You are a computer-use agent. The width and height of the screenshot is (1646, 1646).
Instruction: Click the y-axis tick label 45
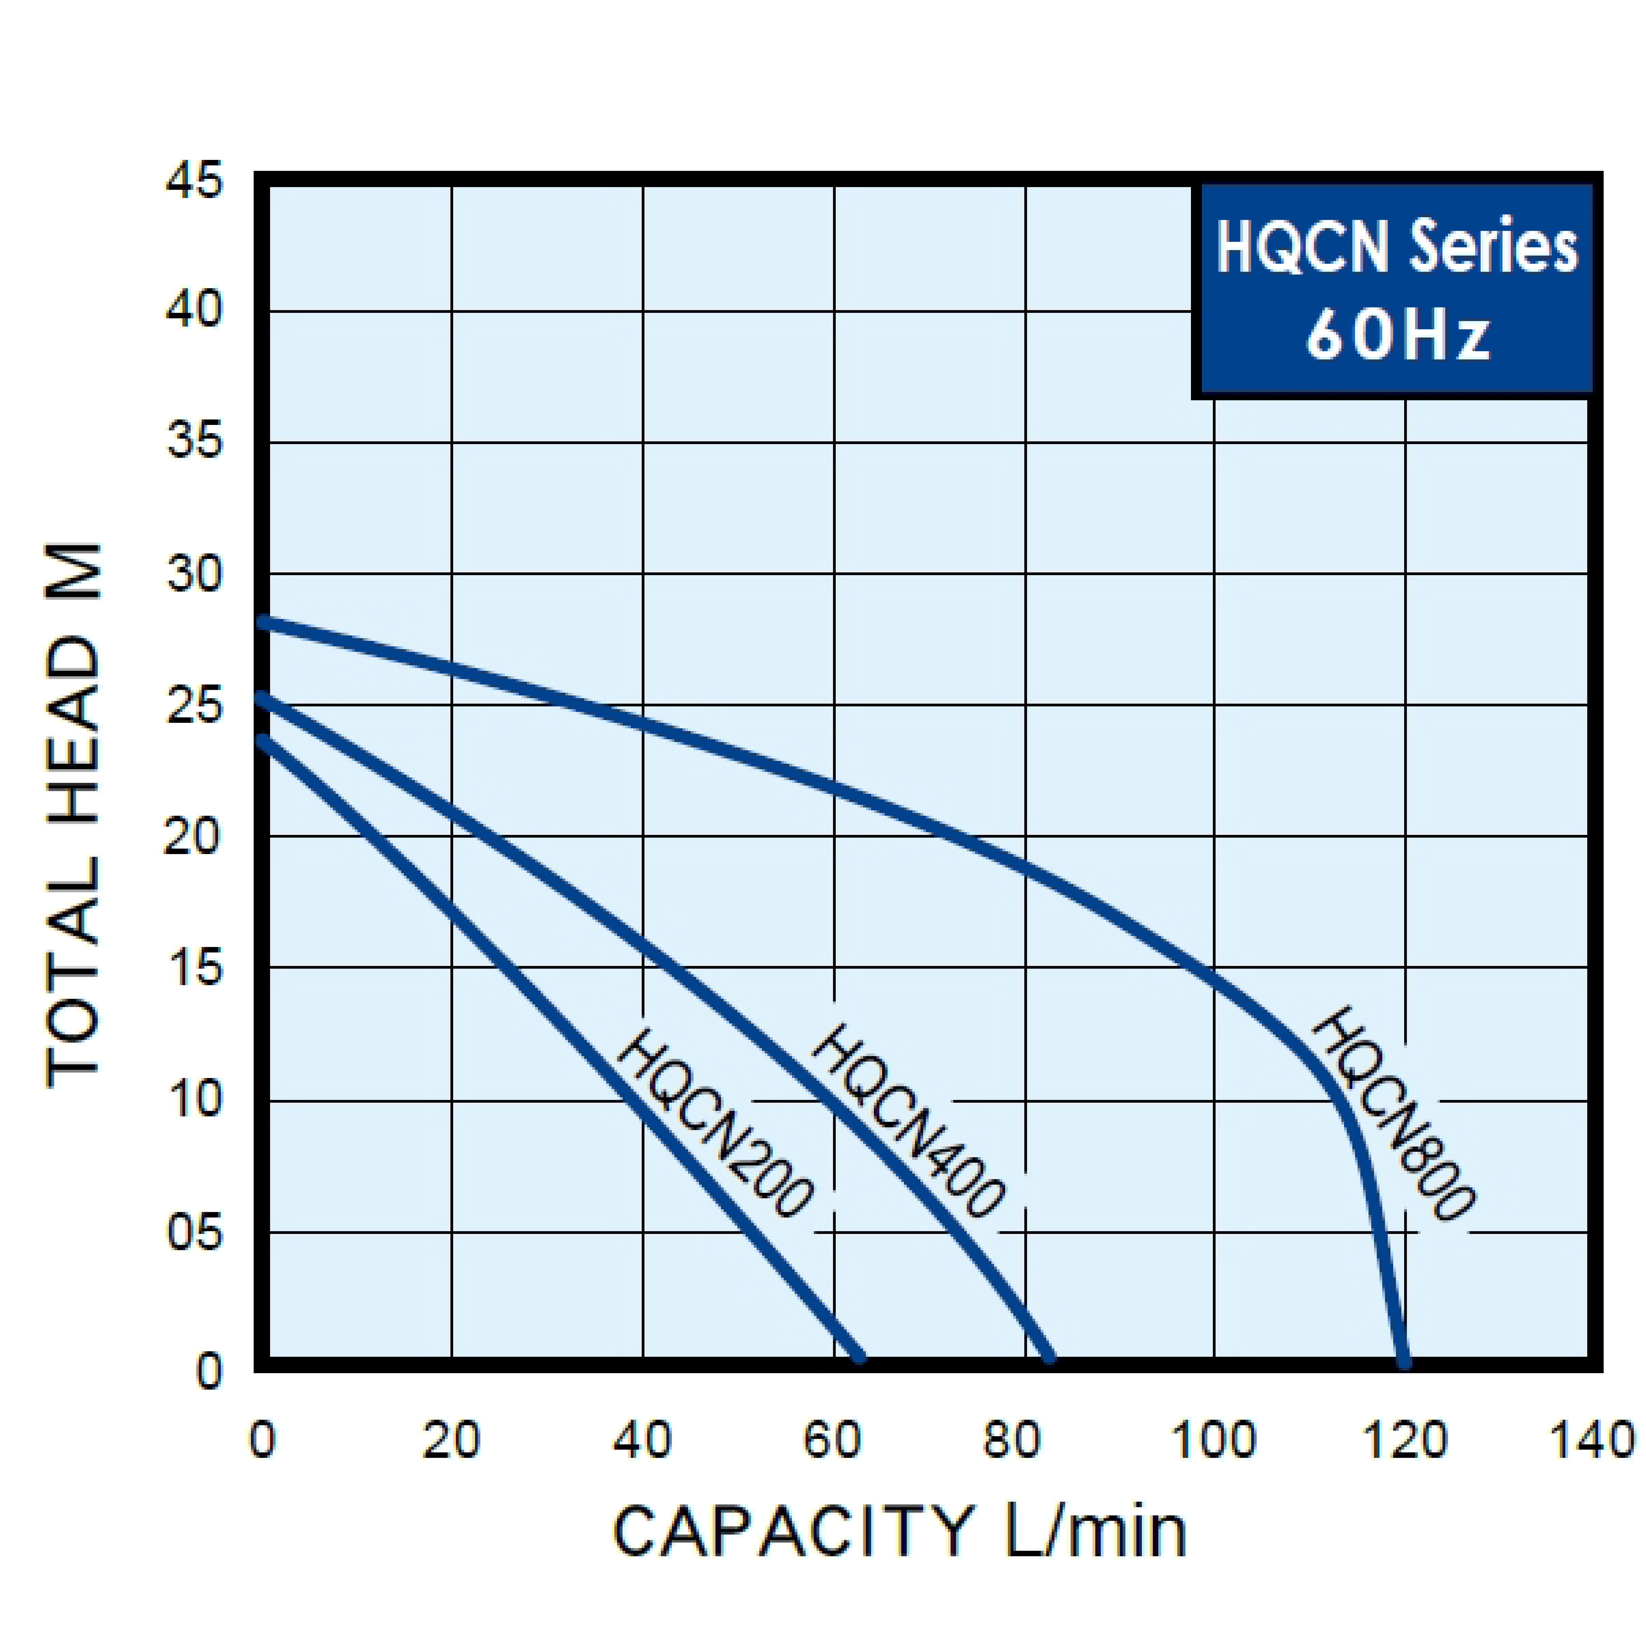pos(194,181)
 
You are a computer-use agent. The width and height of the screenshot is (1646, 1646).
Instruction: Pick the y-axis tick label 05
pos(194,1233)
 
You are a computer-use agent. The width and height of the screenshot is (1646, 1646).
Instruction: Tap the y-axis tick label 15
pos(194,969)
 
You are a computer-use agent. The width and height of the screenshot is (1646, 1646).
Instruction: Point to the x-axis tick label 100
pos(1213,1440)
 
